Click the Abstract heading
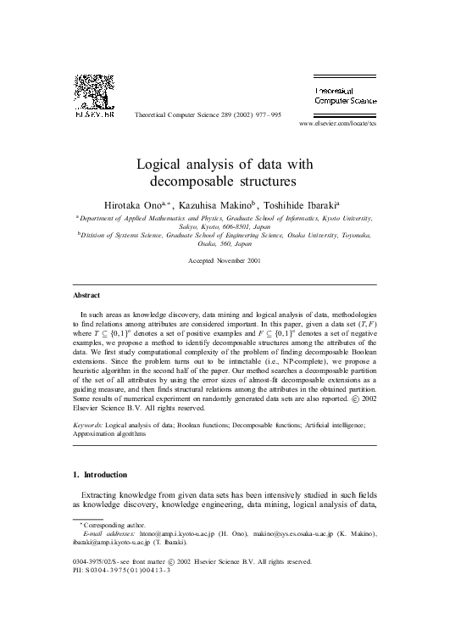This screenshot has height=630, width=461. pos(86,295)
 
